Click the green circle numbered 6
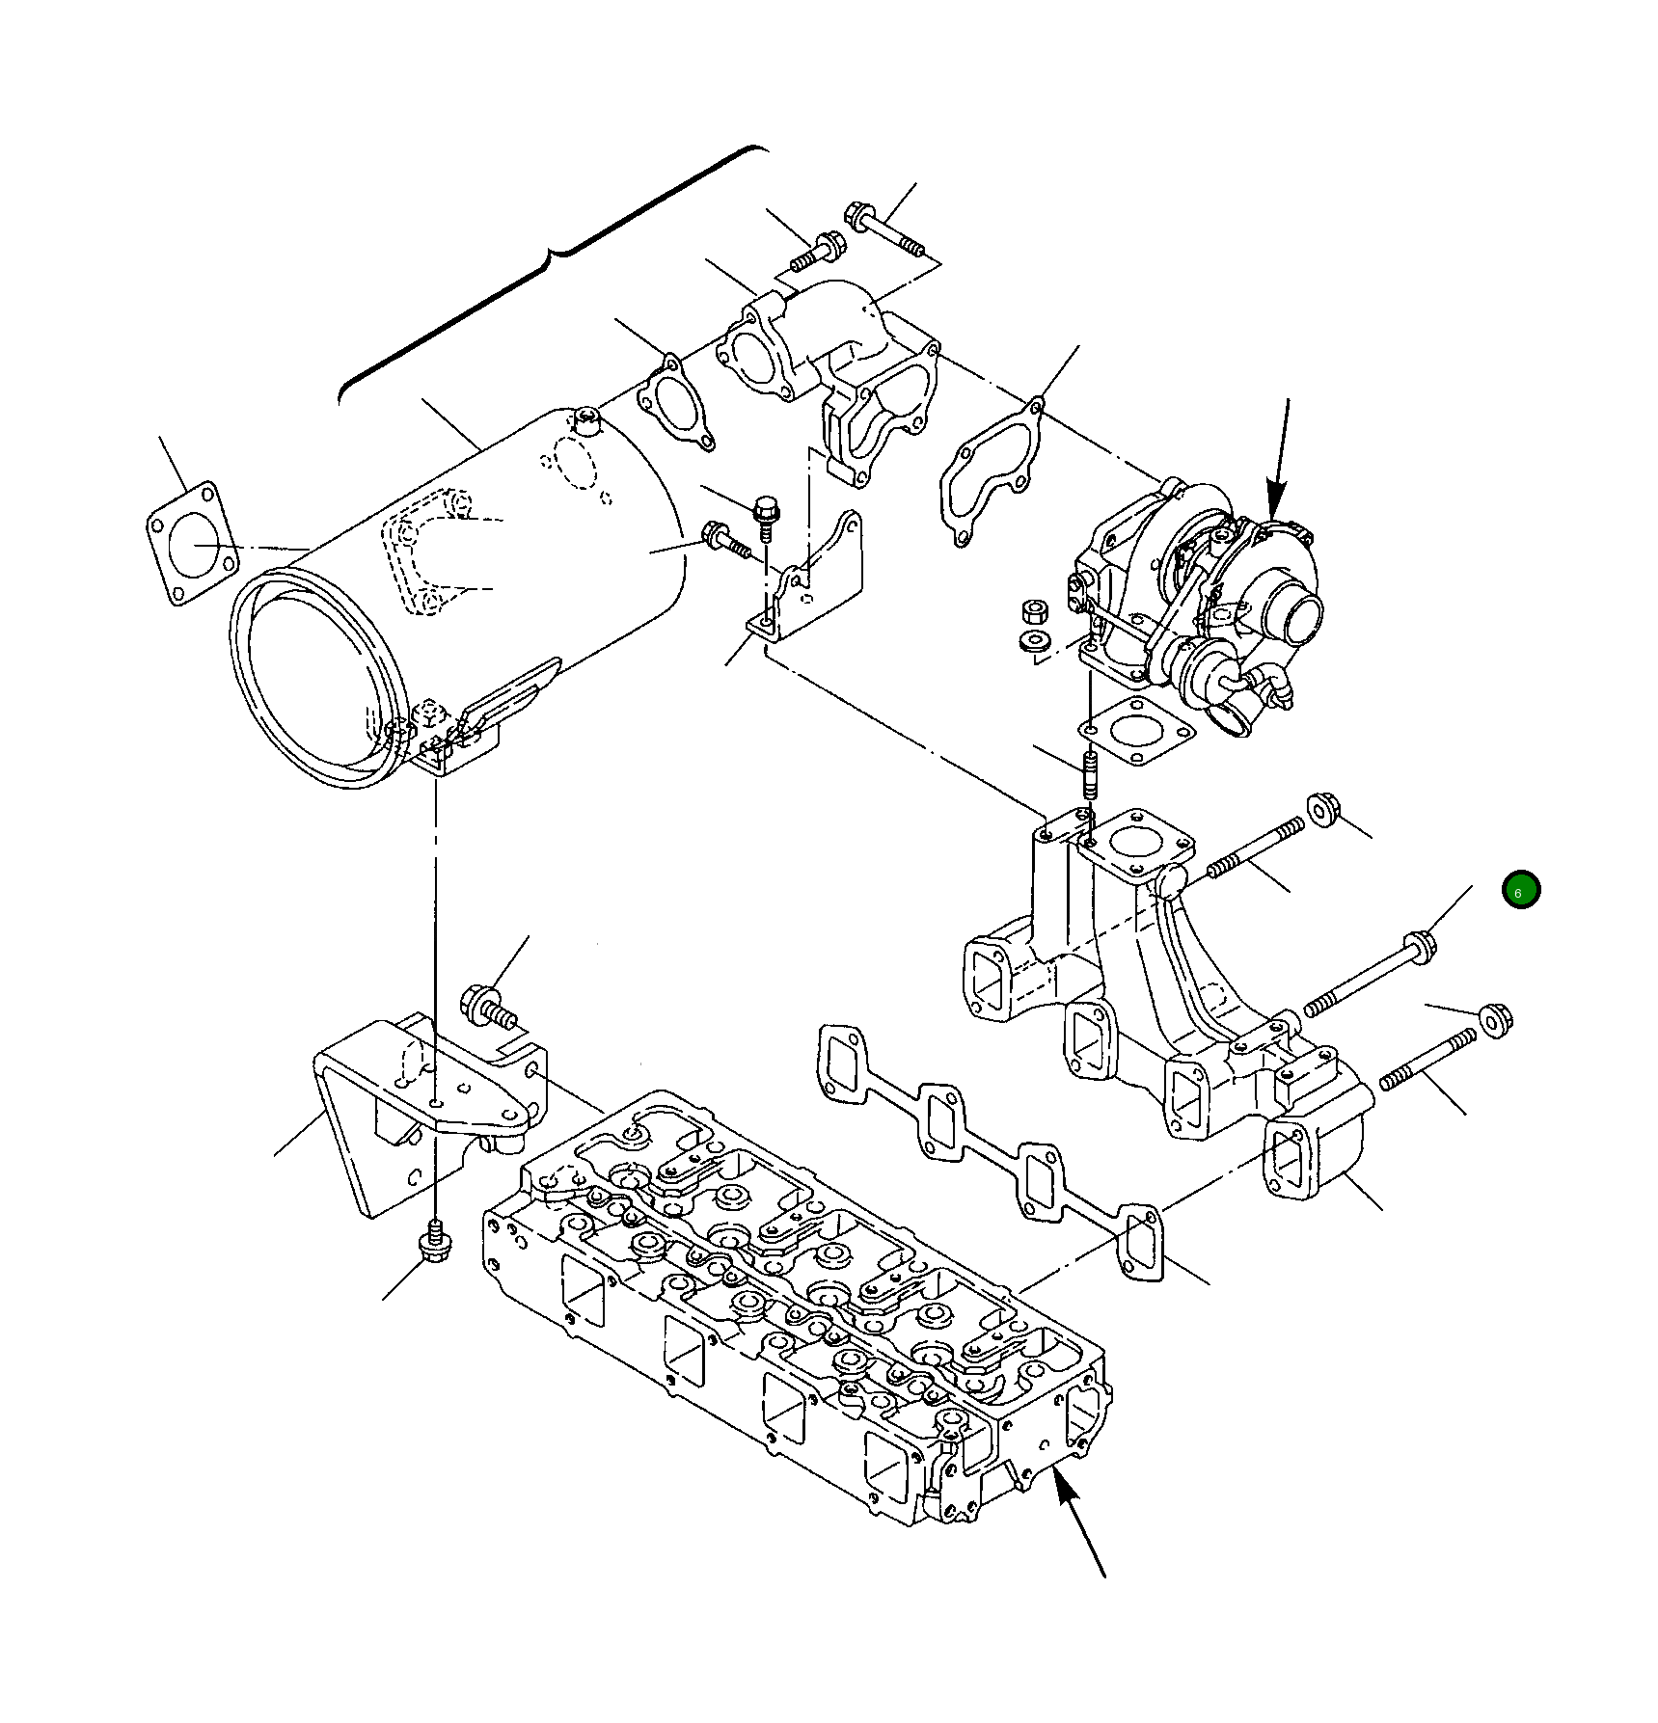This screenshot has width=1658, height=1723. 1521,890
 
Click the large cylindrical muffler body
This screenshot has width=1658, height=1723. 453,598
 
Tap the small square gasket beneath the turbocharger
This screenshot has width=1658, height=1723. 1138,732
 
